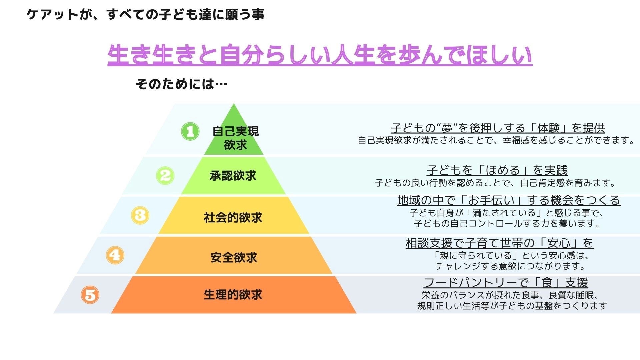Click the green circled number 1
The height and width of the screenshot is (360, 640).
coord(190,131)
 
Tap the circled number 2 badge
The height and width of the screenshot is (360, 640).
coord(165,175)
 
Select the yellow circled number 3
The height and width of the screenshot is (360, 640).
coord(140,215)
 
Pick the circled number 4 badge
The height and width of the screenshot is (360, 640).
coord(115,255)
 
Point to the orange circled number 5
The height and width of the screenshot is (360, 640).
coord(90,295)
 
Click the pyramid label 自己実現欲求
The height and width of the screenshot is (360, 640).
coord(235,138)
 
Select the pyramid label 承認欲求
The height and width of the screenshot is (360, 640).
coord(233,176)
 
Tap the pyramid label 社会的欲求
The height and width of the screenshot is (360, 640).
coord(233,218)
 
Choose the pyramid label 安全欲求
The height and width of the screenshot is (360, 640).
coord(234,258)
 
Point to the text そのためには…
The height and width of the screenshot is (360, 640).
coord(181,84)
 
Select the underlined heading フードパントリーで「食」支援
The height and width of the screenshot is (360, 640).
coord(506,283)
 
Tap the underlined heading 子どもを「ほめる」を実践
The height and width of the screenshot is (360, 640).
coord(497,170)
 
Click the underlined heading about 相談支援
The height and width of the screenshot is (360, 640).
coord(500,243)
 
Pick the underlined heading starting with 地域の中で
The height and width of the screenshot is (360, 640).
coord(509,200)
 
